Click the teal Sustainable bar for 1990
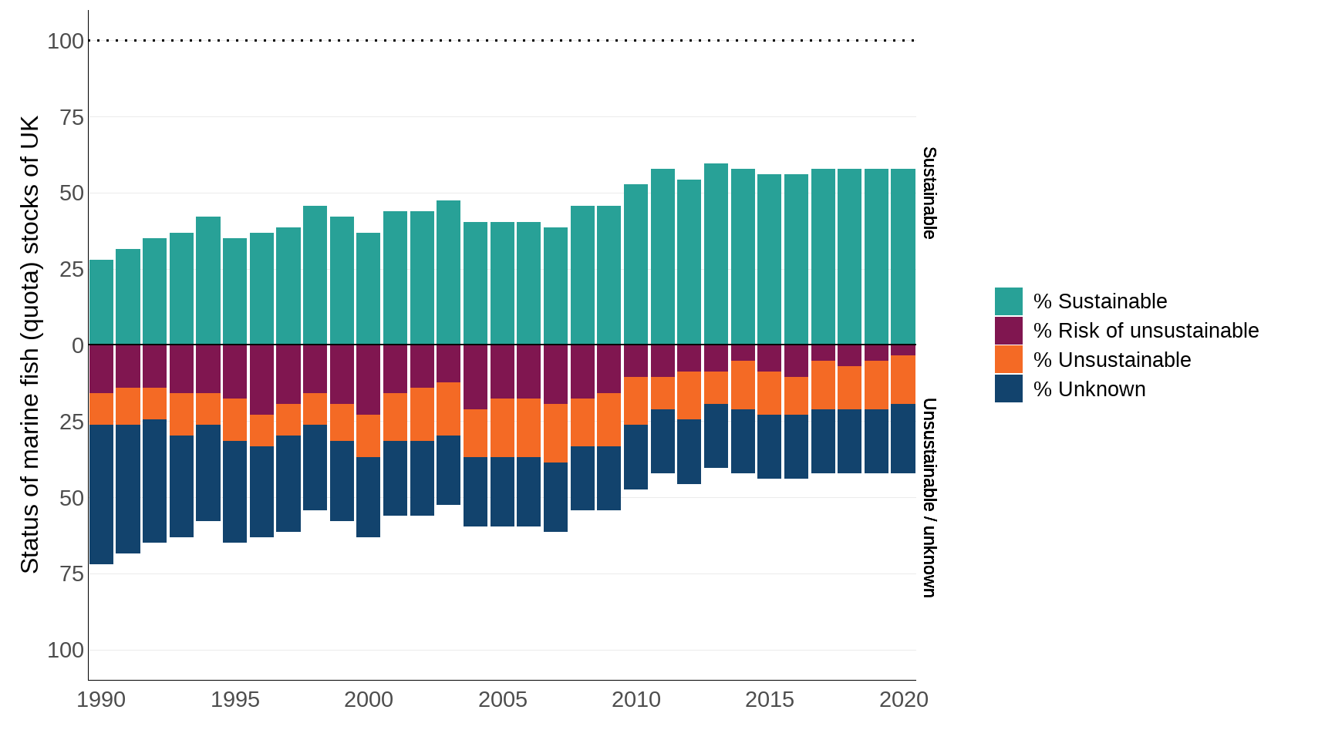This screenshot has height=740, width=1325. click(101, 302)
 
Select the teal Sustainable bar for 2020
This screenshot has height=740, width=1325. click(903, 257)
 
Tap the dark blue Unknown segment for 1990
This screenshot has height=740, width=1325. click(101, 494)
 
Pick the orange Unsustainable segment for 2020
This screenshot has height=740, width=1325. click(903, 379)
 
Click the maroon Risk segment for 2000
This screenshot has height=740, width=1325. click(369, 379)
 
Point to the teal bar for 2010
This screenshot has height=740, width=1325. click(636, 264)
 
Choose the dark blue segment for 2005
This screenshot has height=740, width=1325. click(502, 492)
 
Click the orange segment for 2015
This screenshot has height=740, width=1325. click(769, 393)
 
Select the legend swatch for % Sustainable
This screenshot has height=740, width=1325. click(1008, 301)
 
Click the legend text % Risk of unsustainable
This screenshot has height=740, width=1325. click(1145, 331)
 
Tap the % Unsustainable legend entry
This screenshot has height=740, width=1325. click(1111, 360)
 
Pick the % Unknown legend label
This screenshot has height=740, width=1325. click(1089, 389)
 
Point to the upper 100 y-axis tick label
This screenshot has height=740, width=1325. click(66, 41)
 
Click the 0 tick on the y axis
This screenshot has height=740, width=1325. click(78, 345)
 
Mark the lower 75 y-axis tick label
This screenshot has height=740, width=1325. click(71, 573)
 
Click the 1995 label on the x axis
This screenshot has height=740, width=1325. click(235, 699)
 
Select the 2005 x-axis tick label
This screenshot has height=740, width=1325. click(502, 699)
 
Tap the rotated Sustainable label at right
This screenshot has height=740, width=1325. click(929, 193)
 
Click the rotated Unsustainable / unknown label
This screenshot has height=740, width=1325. click(929, 497)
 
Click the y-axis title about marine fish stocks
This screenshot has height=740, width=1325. click(29, 345)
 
